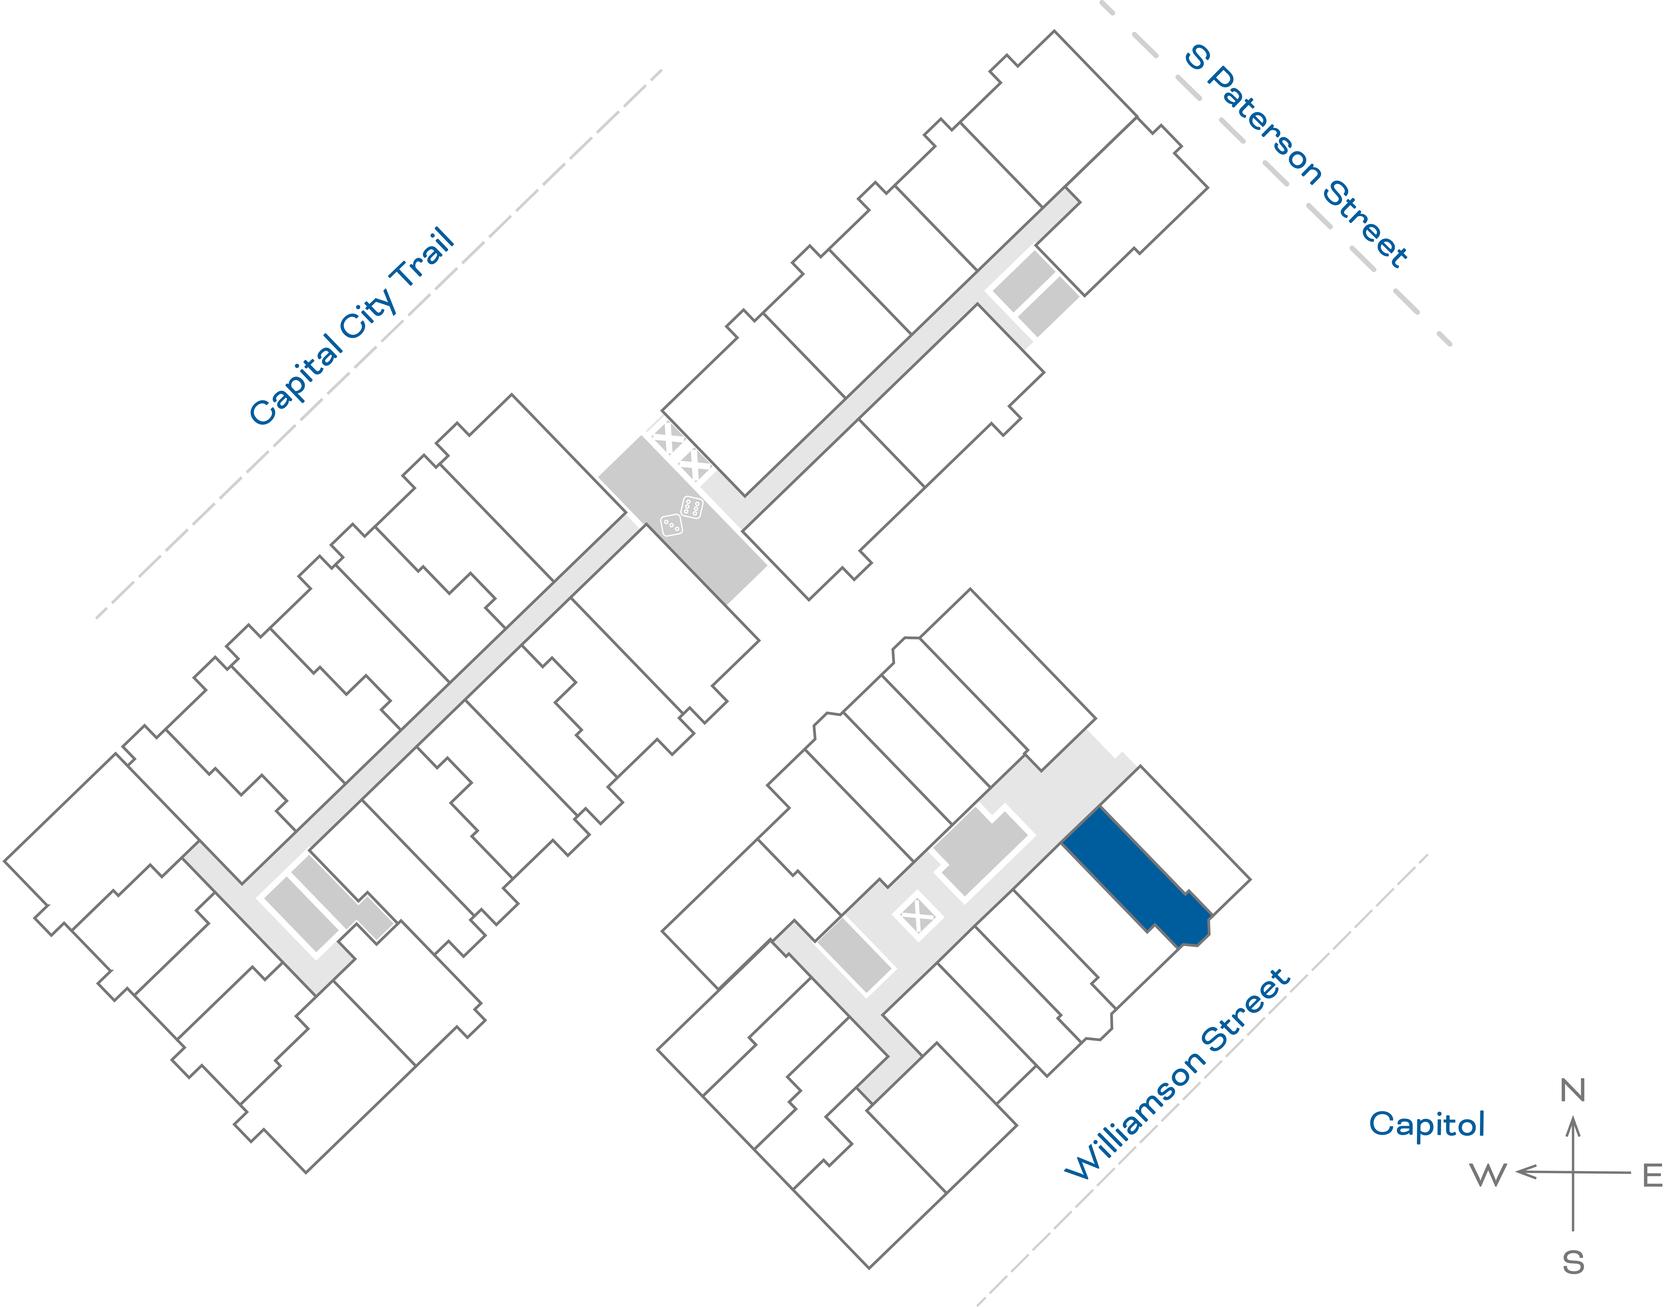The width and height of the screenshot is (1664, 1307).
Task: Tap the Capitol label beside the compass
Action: coord(1427,1125)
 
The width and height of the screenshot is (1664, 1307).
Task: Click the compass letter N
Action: coord(1572,1090)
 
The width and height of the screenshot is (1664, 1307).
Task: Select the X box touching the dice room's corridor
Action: coord(695,465)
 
